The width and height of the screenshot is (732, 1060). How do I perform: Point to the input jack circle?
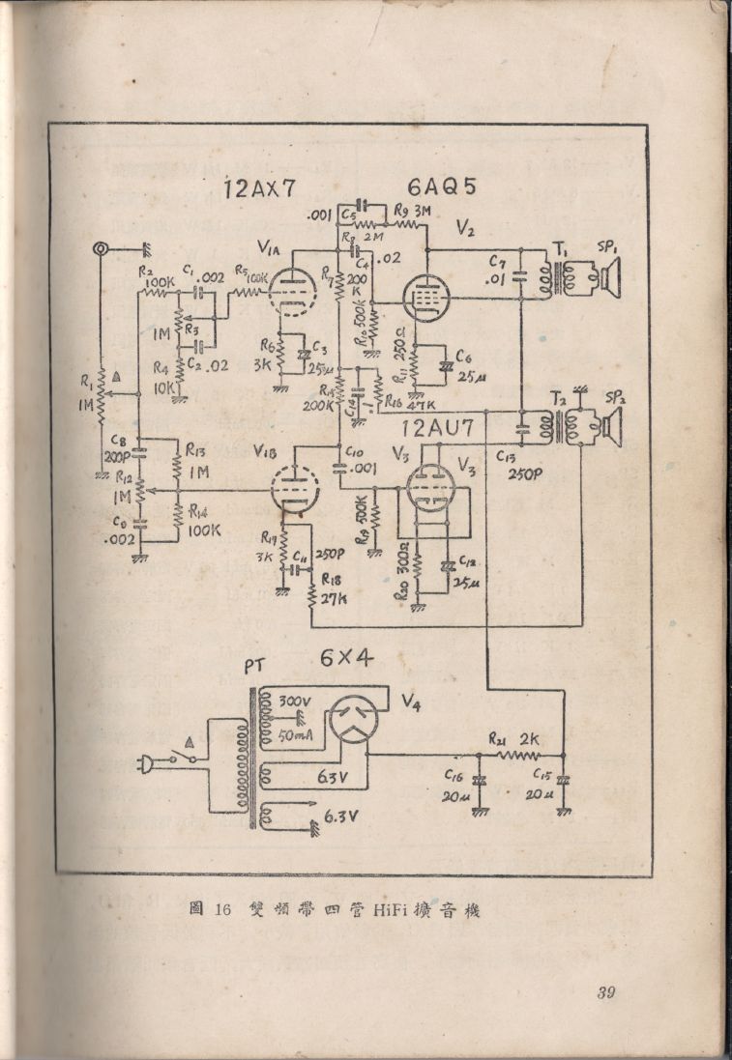[x=101, y=249]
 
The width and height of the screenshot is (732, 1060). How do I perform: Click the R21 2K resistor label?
[x=517, y=739]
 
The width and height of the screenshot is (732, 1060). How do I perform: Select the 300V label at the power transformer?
[x=295, y=702]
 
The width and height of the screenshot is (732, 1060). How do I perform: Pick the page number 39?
[x=606, y=992]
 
